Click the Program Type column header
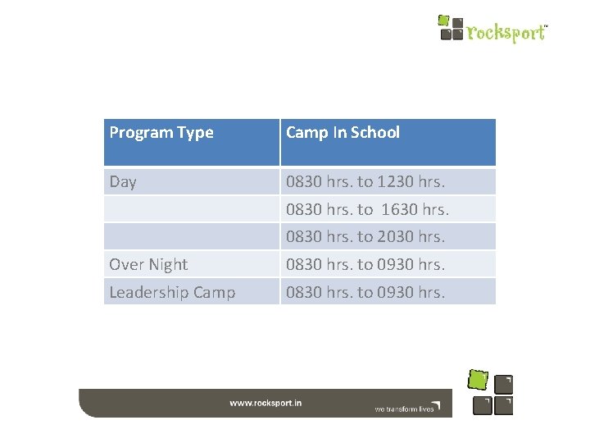pos(161,133)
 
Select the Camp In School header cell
pos(343,133)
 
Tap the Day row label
pos(123,182)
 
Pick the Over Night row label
pos(148,264)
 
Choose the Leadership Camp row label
pos(172,292)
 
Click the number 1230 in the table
pos(394,182)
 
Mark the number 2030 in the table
pos(394,237)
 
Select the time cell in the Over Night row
pos(365,264)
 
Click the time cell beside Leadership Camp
pos(365,292)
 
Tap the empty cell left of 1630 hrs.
pos(192,209)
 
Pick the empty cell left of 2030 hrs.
pos(192,237)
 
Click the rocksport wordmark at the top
pos(506,33)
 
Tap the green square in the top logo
pos(444,20)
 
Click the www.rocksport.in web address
pos(265,404)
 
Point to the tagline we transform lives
pos(404,408)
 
